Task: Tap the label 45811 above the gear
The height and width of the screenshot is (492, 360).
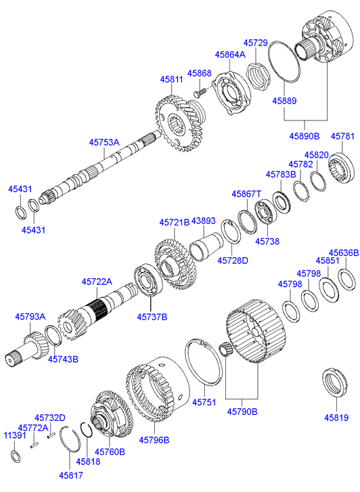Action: pos(171,79)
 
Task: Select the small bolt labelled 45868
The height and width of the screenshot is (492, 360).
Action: pos(200,90)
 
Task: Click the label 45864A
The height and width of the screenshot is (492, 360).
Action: pos(230,54)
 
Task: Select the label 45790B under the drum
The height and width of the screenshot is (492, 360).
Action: pos(241,411)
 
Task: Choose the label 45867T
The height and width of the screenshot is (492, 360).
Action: pos(246,194)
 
